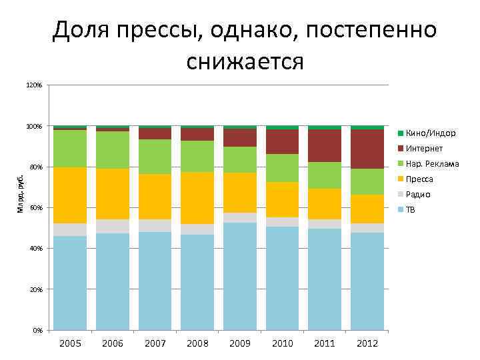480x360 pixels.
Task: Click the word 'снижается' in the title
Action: pyautogui.click(x=245, y=62)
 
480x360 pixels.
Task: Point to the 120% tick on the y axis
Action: pyautogui.click(x=34, y=86)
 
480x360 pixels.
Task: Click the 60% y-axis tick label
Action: pyautogui.click(x=36, y=208)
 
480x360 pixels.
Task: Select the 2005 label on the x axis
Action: pyautogui.click(x=70, y=343)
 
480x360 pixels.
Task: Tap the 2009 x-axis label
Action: pyautogui.click(x=240, y=343)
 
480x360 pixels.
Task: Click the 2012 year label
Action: pyautogui.click(x=367, y=343)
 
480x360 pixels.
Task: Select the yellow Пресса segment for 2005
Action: pyautogui.click(x=70, y=195)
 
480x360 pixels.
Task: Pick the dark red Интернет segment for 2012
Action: pyautogui.click(x=367, y=149)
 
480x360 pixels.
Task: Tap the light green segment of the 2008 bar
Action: pyautogui.click(x=197, y=157)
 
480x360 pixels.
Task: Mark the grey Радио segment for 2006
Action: pyautogui.click(x=113, y=226)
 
